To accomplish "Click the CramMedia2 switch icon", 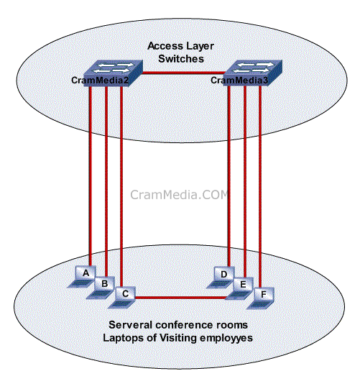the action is (113, 73).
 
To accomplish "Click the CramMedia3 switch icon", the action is (252, 73).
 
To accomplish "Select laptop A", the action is (82, 277).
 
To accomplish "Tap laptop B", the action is (101, 288).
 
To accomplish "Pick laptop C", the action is (122, 298).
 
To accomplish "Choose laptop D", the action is (221, 278).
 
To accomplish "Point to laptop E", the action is (239, 288).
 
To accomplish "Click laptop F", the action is (260, 298).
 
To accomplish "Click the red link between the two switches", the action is (183, 73).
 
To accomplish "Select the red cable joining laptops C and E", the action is (181, 298).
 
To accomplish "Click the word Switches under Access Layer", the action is (181, 59).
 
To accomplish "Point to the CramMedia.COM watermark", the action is (179, 195).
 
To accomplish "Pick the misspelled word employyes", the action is (226, 339).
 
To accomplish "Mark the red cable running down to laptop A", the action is (91, 176).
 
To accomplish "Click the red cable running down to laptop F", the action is (260, 186).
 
